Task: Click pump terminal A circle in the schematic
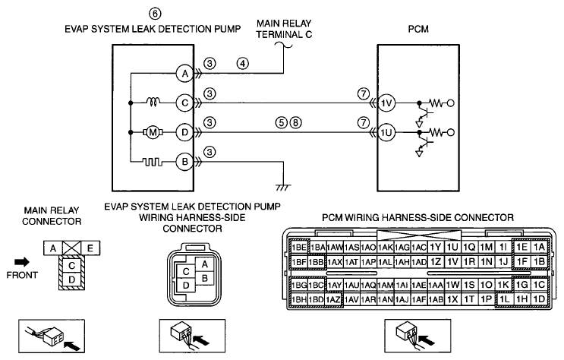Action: point(185,74)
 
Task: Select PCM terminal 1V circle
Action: point(386,103)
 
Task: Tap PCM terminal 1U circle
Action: point(386,133)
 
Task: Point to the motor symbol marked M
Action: point(153,132)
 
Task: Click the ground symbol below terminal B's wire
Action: point(283,188)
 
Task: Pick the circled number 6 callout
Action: point(155,14)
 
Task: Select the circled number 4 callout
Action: point(243,64)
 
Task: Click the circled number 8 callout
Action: point(296,123)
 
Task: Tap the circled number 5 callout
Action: point(282,123)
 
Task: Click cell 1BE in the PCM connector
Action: point(299,248)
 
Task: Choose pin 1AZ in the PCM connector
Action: point(333,299)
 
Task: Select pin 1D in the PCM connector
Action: point(539,298)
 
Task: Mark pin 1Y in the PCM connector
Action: point(435,248)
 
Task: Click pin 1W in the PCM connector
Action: point(452,285)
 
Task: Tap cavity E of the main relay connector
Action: point(90,248)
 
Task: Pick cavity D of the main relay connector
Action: point(72,279)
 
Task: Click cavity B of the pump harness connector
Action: point(205,278)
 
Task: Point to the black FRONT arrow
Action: point(22,262)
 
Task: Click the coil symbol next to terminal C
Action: point(154,103)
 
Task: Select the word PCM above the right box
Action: point(418,29)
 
